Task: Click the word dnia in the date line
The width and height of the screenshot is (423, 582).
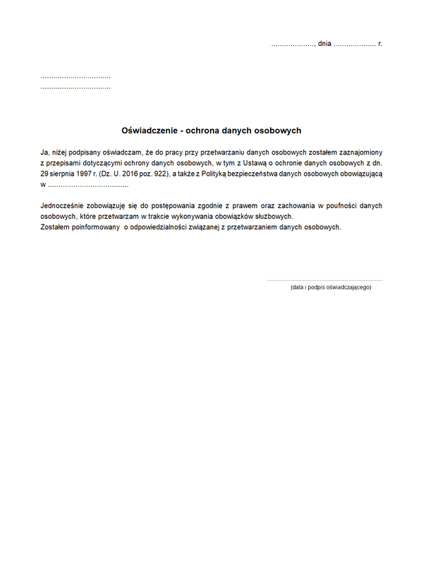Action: [x=324, y=44]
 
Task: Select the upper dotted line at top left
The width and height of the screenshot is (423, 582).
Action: [x=75, y=76]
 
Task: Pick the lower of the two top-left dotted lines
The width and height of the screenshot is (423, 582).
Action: [x=75, y=87]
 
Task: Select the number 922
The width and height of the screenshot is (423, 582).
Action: [x=160, y=174]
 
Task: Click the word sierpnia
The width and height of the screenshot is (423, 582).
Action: [x=64, y=174]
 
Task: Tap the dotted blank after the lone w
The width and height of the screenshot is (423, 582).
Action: [x=89, y=185]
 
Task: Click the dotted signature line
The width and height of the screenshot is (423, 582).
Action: [x=325, y=280]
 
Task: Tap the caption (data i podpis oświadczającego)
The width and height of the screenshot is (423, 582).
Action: [x=331, y=288]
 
